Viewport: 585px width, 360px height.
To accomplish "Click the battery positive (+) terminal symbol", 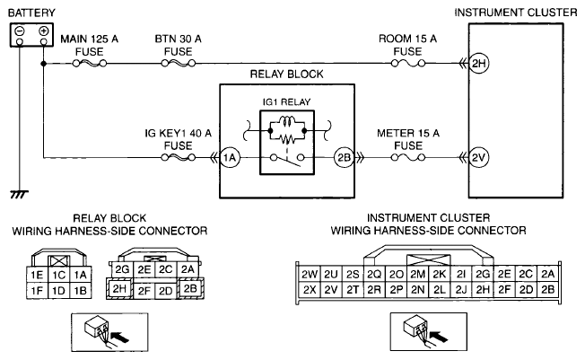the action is coord(44,31).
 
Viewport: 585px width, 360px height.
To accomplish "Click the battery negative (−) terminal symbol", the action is coord(20,31).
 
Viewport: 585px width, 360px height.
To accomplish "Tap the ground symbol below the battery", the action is coord(19,194).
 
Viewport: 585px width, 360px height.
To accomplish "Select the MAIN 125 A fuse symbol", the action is coord(90,64).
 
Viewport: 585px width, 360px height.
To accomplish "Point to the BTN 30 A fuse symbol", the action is coord(179,64).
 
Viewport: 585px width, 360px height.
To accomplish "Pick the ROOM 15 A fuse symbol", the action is coord(408,64).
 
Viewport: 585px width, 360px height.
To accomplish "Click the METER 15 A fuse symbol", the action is coord(408,158).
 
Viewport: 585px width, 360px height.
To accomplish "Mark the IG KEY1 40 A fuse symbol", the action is coord(179,158).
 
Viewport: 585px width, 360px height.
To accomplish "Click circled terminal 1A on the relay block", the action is coord(230,158).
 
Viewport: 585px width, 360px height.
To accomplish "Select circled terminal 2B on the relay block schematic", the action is coord(344,158).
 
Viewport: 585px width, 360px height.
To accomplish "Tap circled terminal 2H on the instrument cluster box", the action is coord(478,64).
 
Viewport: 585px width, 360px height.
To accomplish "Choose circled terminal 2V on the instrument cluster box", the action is coord(478,158).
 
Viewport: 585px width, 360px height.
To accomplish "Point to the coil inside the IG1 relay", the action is coord(287,121).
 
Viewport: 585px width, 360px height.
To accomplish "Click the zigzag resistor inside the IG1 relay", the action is coord(287,140).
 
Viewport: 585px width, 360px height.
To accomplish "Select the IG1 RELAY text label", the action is coord(286,102).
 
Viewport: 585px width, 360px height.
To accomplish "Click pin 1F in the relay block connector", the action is coord(37,291).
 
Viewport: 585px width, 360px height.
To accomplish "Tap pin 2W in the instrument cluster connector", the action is coord(310,275).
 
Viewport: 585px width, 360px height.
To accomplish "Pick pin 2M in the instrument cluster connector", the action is coord(418,275).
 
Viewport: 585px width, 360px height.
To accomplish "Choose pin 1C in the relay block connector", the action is coord(59,275).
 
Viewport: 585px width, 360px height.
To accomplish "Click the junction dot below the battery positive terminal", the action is coord(44,64).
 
